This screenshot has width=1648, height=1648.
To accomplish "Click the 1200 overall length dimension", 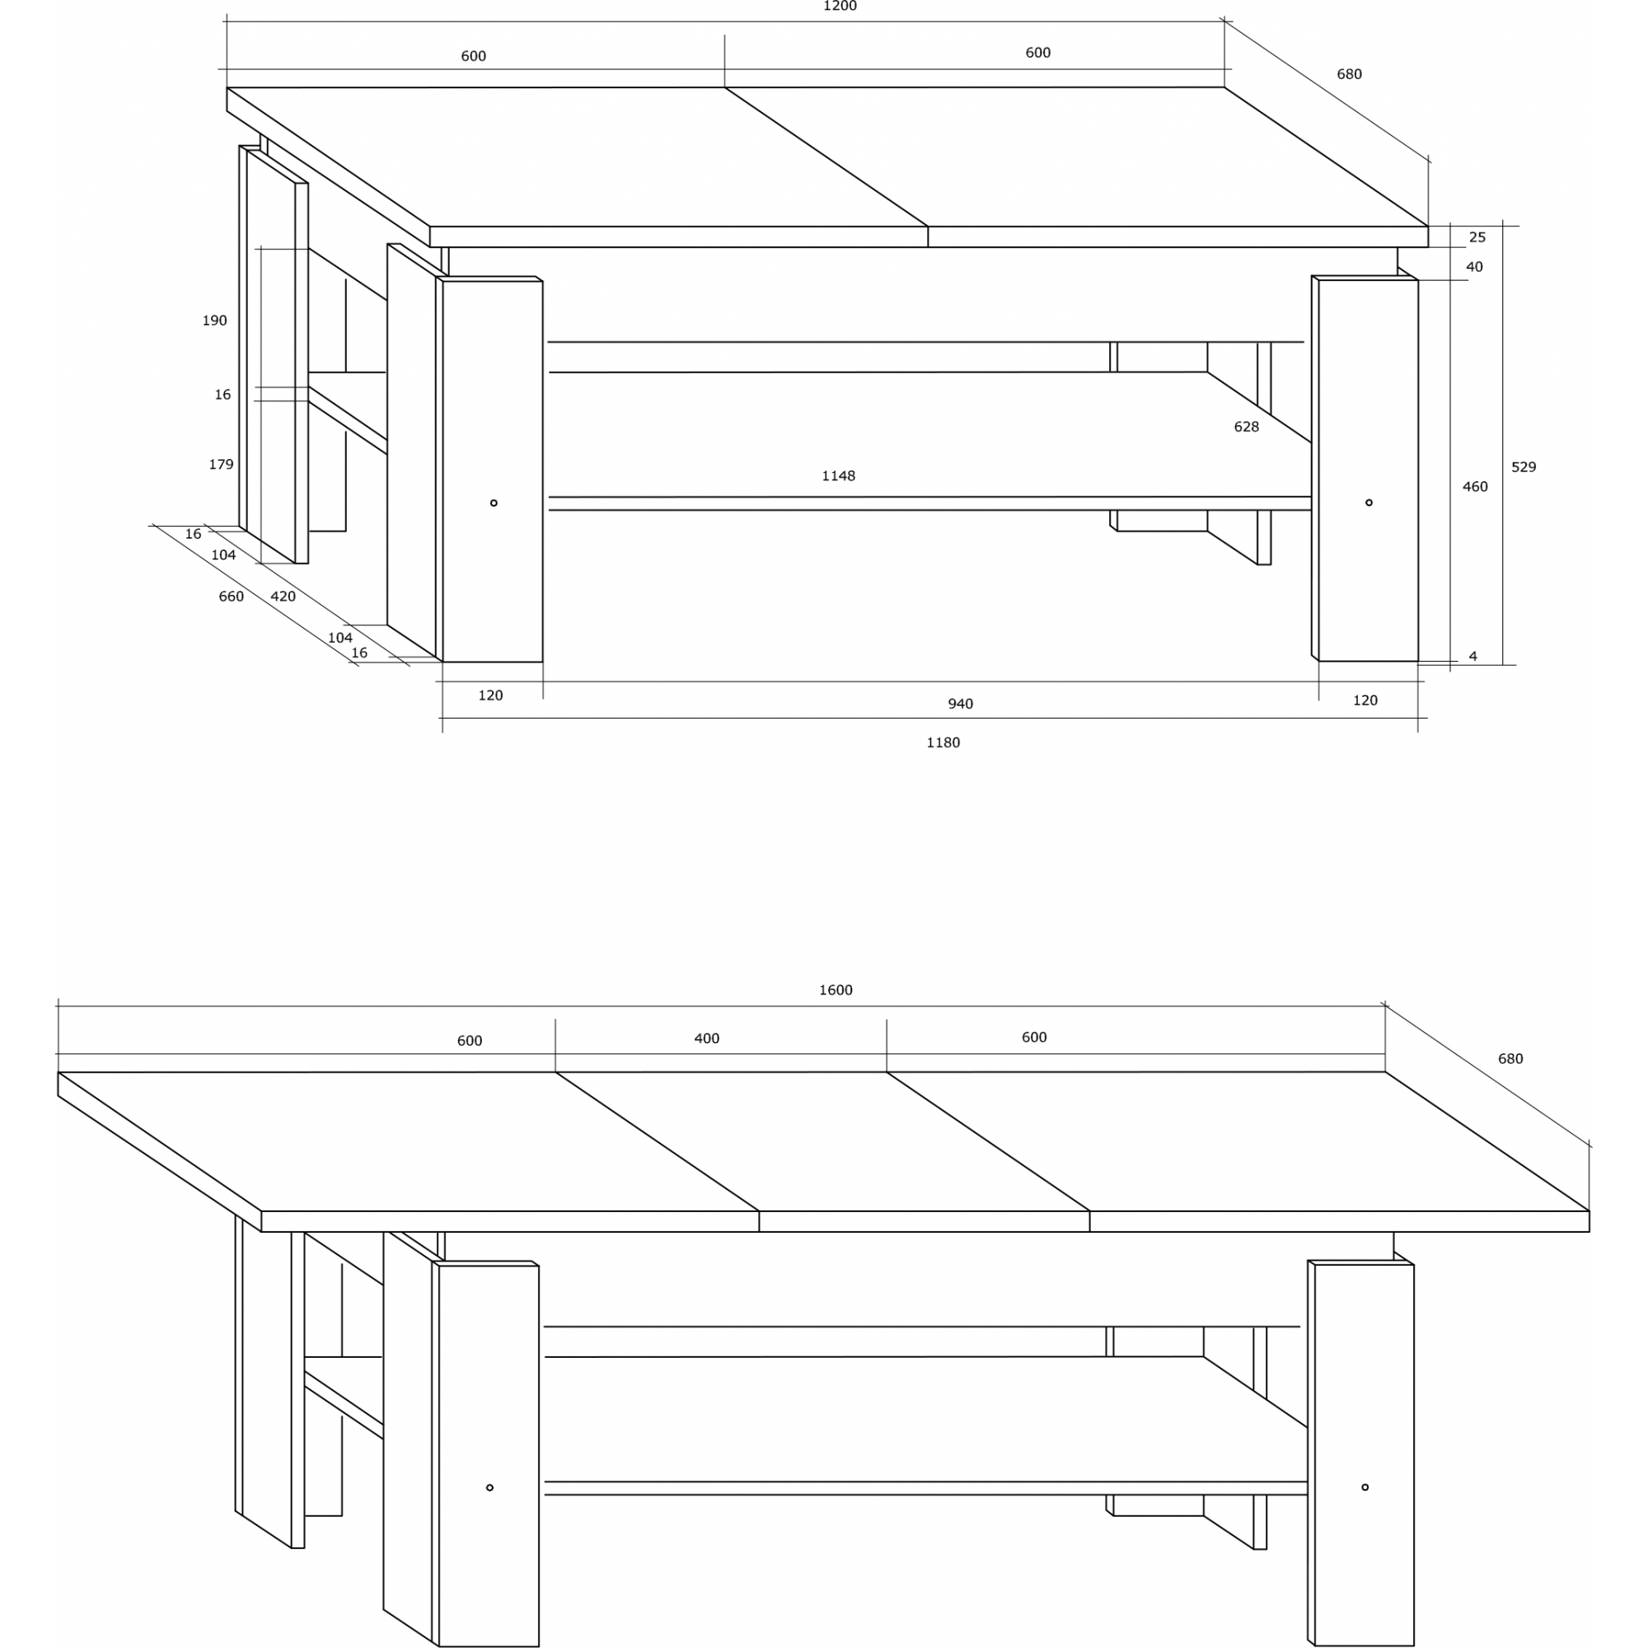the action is click(840, 6).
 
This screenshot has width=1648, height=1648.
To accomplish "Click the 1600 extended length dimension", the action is click(835, 990).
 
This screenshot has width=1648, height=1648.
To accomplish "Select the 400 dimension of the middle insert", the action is click(706, 1038).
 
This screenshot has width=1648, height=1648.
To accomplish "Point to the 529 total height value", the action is click(1524, 466).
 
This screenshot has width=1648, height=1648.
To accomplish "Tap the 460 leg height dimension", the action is click(1475, 486).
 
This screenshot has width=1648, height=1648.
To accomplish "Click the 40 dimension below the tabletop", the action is click(1474, 267).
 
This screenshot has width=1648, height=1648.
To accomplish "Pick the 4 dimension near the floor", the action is click(1473, 656).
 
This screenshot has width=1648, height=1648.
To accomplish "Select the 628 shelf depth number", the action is click(1246, 427).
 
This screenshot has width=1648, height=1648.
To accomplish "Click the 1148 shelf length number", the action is click(838, 475).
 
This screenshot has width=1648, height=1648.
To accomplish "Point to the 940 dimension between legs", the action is click(960, 704).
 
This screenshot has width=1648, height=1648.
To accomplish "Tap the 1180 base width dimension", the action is click(943, 742).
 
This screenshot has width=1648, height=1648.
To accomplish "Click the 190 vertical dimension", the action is click(214, 320).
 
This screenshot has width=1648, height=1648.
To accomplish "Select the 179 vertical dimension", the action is click(221, 464).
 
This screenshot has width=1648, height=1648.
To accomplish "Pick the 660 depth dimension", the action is click(232, 597).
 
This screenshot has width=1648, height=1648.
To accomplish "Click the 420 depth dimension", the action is click(283, 597).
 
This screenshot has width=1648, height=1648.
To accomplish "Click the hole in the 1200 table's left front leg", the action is click(493, 503).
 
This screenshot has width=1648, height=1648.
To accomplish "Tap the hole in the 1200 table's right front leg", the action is click(1368, 503).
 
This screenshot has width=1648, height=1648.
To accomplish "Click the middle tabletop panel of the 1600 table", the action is click(823, 1141).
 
